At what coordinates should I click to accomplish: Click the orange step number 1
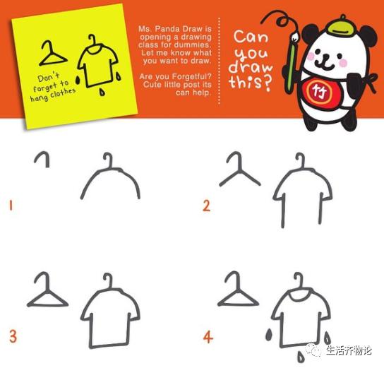click(11, 206)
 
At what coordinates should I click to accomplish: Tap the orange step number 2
click(206, 206)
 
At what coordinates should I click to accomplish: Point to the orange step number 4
click(208, 337)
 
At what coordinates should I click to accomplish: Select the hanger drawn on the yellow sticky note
click(53, 52)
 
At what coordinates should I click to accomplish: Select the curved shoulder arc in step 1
click(110, 180)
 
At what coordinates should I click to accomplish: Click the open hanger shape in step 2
click(239, 173)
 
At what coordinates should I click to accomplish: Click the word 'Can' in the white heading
click(251, 35)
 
